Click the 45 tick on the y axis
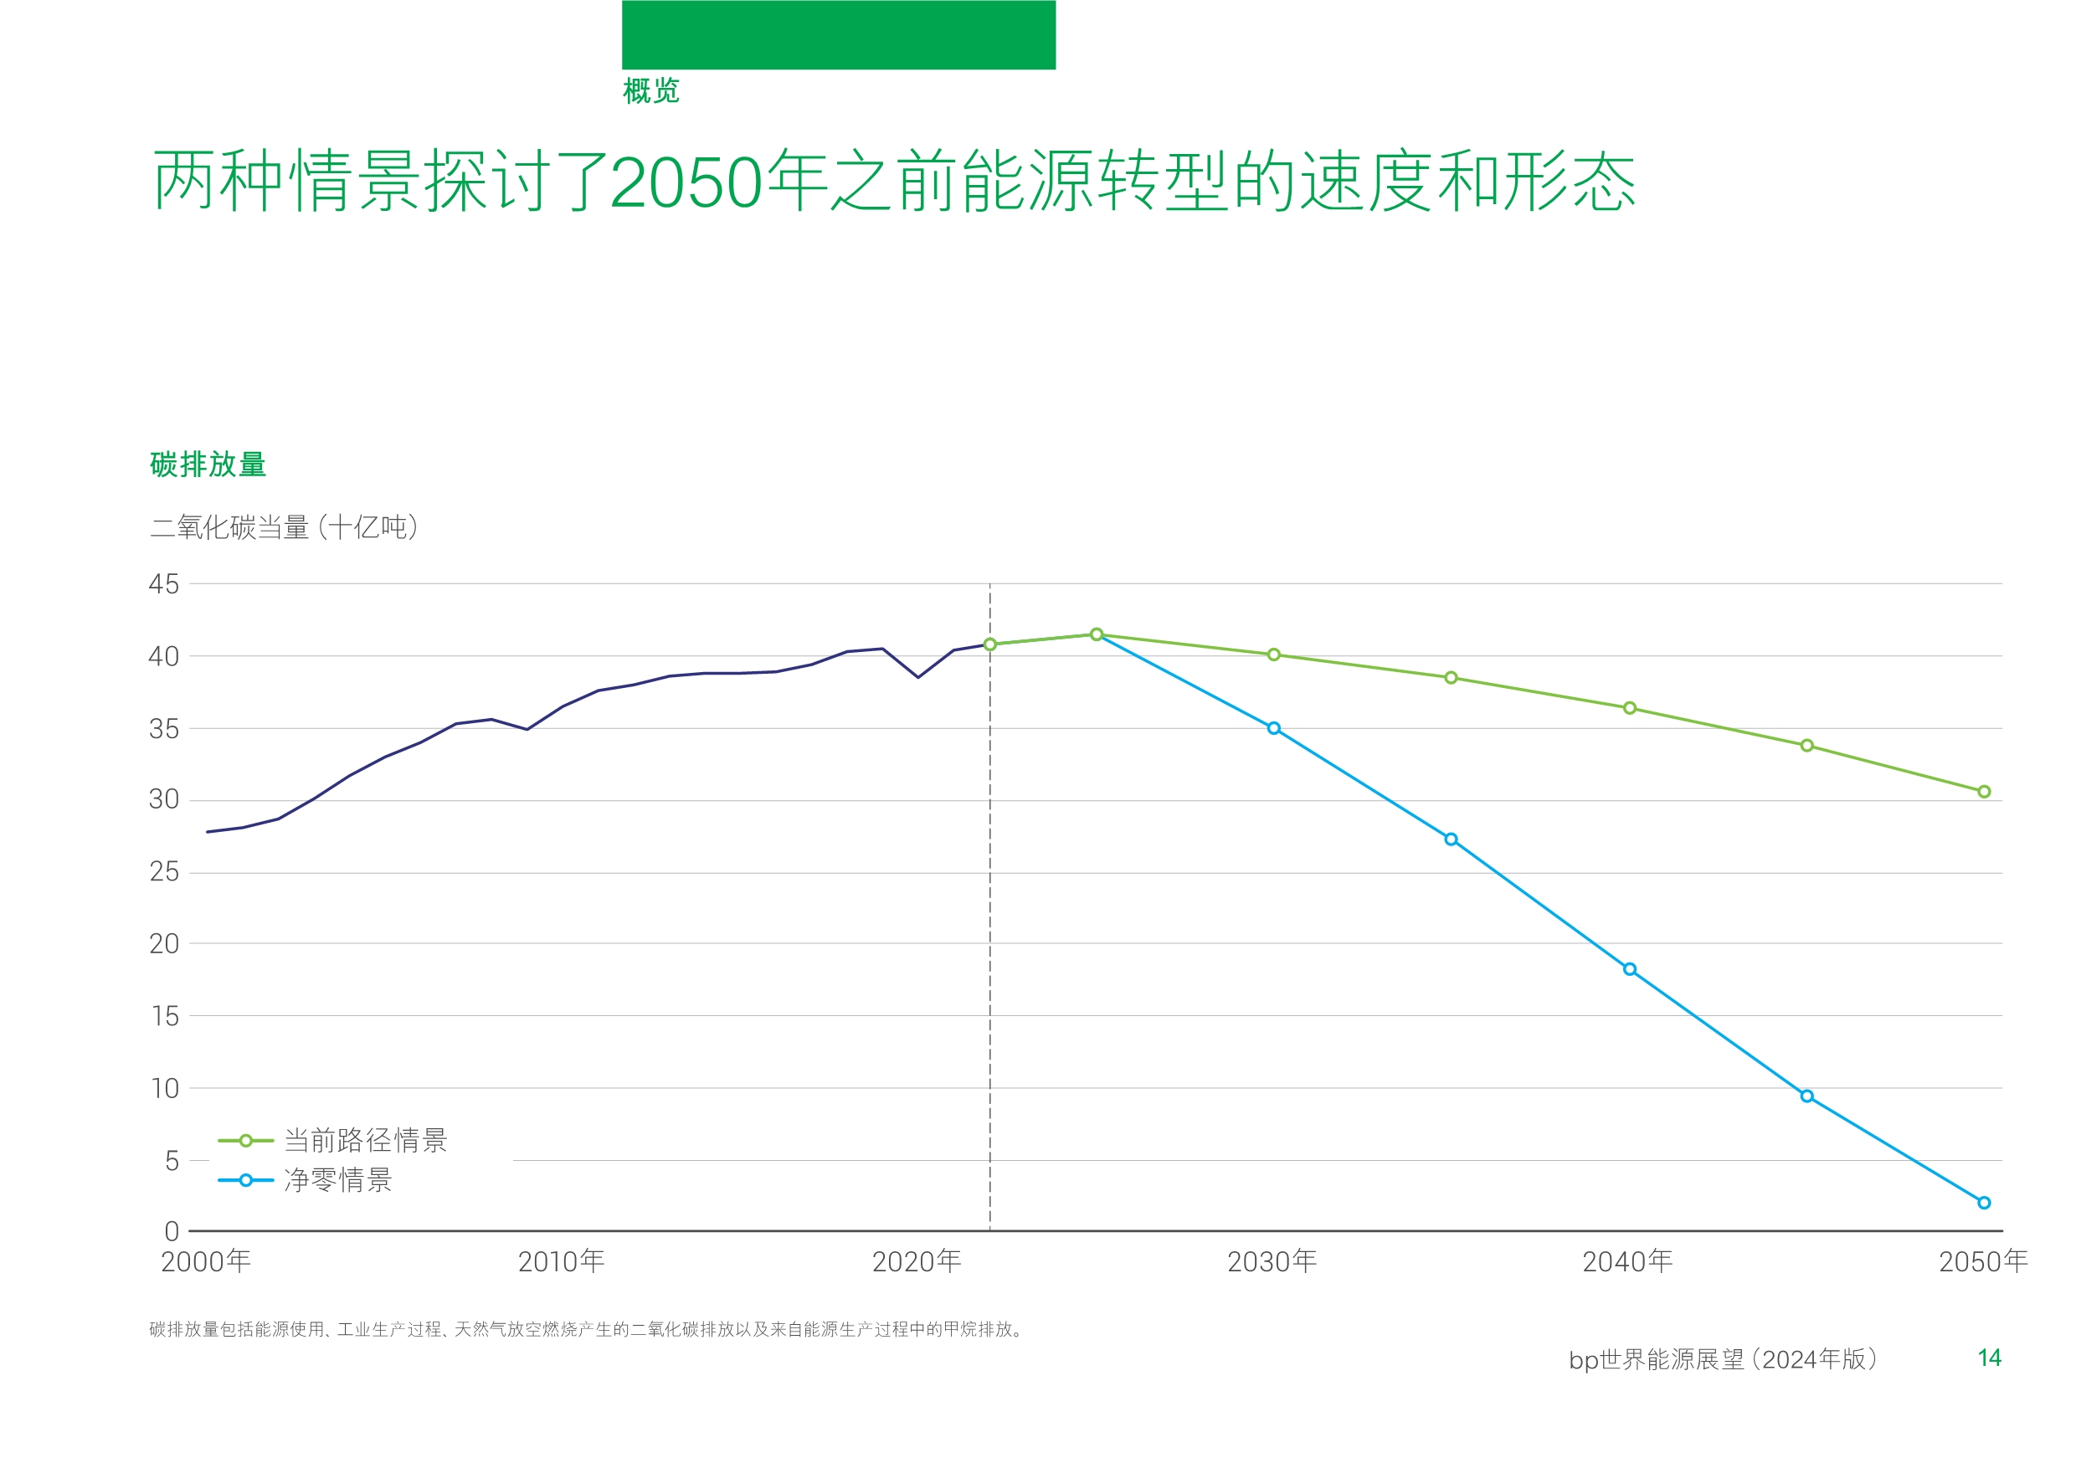tap(164, 584)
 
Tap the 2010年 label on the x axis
tap(561, 1261)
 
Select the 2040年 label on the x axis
tap(1627, 1261)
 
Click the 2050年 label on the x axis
tap(1984, 1261)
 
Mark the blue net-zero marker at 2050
tap(1984, 1203)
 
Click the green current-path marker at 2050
tap(1984, 791)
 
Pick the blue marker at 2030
tap(1273, 728)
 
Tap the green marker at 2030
tap(1273, 654)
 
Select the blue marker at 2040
tap(1629, 969)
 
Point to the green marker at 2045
tap(1806, 745)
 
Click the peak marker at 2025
tap(1096, 634)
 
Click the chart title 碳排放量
tap(208, 465)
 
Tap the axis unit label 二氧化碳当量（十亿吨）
tap(284, 527)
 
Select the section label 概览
tap(651, 90)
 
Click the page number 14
tap(1989, 1358)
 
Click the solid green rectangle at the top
tap(838, 34)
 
